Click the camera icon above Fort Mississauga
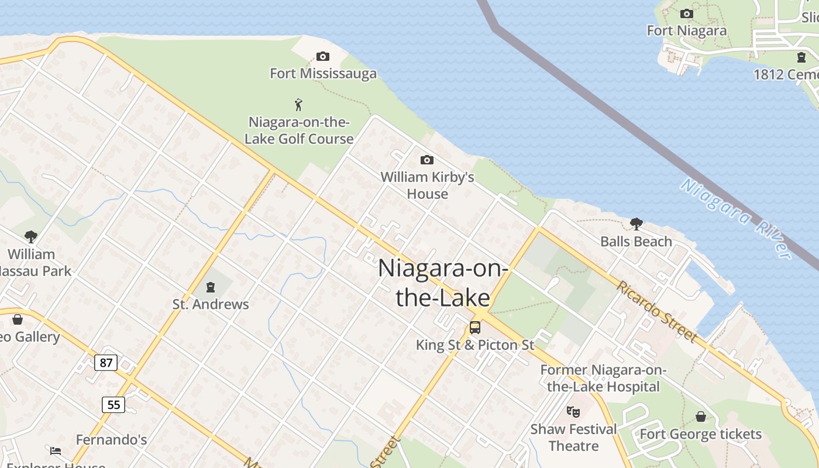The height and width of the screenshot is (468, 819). click(322, 57)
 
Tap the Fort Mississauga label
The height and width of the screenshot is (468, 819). click(323, 74)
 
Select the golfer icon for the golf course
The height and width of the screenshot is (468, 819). click(299, 105)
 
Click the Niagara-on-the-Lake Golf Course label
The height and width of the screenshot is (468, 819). click(299, 130)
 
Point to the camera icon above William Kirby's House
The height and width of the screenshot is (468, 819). click(427, 160)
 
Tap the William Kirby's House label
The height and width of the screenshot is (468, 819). click(427, 185)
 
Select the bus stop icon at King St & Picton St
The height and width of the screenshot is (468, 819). click(475, 328)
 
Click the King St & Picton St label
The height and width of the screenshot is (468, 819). click(475, 345)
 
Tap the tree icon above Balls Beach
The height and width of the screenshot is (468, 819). click(636, 223)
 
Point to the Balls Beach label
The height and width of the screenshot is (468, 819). click(636, 242)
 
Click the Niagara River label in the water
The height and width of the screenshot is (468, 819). click(737, 218)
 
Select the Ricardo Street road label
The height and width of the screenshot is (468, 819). click(657, 312)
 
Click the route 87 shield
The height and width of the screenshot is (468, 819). click(106, 363)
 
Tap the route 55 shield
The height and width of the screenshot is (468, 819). click(113, 404)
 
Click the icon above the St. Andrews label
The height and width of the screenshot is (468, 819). click(210, 287)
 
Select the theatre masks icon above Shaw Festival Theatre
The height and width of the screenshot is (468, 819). click(573, 411)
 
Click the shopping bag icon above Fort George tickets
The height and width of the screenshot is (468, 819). click(700, 417)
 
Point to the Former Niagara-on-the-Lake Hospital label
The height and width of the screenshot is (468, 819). click(603, 378)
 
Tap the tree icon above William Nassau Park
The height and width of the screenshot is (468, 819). click(31, 237)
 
